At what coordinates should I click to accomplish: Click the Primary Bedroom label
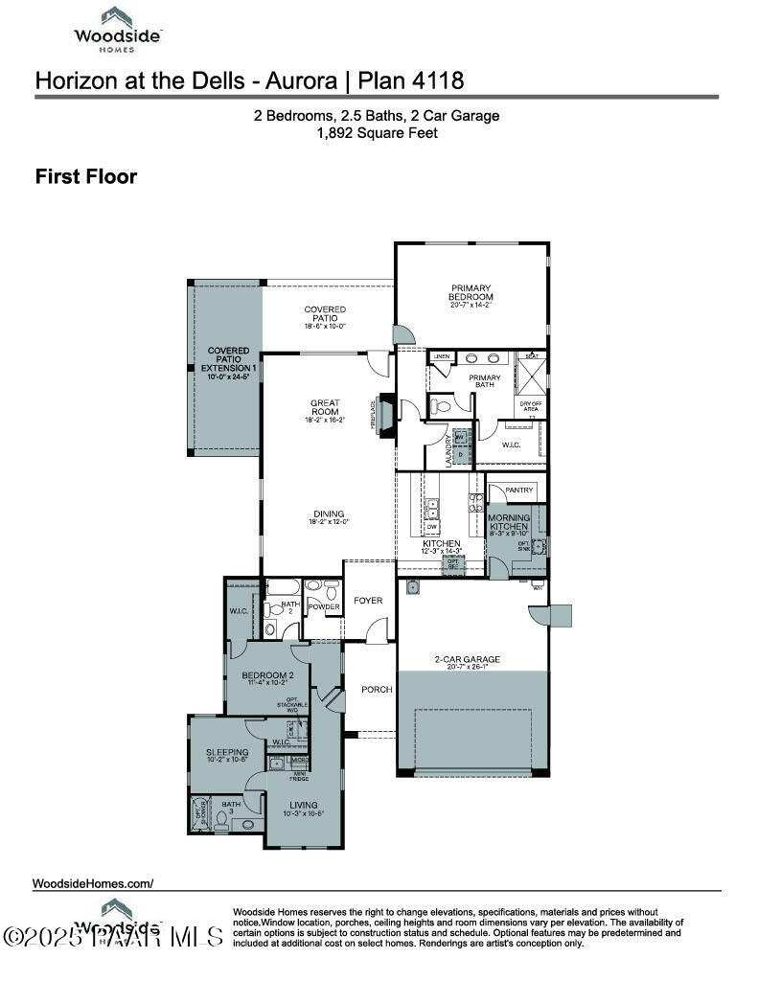[471, 293]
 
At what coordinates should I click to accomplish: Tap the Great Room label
[326, 407]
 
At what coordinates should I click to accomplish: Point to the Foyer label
[367, 601]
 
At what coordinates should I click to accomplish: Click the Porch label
[377, 690]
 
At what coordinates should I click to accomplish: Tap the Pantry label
[518, 490]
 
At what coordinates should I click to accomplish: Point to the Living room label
[303, 808]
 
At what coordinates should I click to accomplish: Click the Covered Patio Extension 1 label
[228, 359]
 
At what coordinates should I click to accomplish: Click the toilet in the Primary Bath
[440, 406]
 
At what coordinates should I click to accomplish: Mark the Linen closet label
[441, 357]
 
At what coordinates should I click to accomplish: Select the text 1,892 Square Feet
[377, 133]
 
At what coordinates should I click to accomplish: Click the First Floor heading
[85, 177]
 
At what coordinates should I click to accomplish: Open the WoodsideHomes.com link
[93, 883]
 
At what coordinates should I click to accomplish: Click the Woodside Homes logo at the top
[119, 26]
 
